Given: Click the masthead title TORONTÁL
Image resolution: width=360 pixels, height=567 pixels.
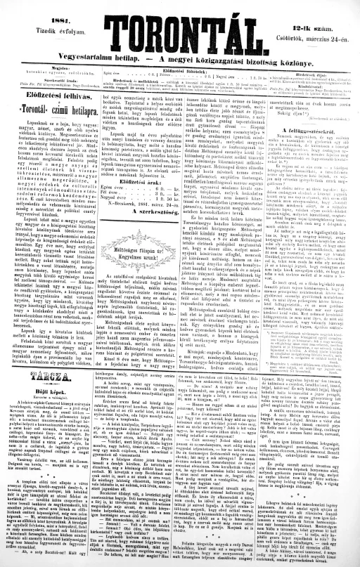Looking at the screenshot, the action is coord(179,36).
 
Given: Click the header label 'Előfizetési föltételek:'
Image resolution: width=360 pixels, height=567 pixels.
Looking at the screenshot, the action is coord(181,70).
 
